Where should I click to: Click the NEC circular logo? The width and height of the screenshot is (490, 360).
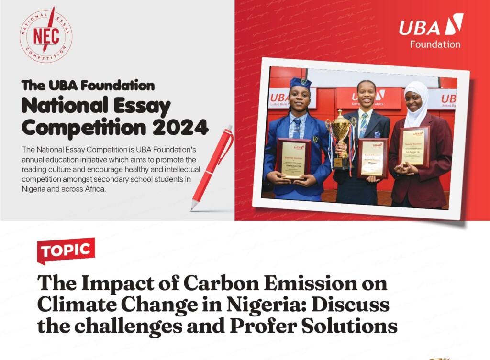click(46, 36)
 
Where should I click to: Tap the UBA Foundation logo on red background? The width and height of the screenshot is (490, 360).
click(431, 31)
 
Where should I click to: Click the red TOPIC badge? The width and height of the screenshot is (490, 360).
click(66, 250)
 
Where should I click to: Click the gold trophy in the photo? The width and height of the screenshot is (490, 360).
click(340, 139)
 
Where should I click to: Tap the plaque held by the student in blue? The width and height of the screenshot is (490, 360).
click(293, 158)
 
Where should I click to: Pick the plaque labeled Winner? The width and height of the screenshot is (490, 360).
click(372, 158)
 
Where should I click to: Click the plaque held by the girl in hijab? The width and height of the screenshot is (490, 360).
click(414, 147)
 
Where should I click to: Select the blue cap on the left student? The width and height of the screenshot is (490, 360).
click(300, 83)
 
